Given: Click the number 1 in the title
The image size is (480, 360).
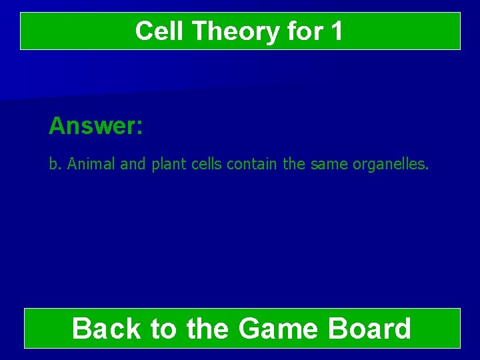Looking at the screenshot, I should (337, 31).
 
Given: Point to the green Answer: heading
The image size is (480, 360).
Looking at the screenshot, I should (95, 125).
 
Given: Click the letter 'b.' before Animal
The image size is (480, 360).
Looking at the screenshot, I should (54, 164).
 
